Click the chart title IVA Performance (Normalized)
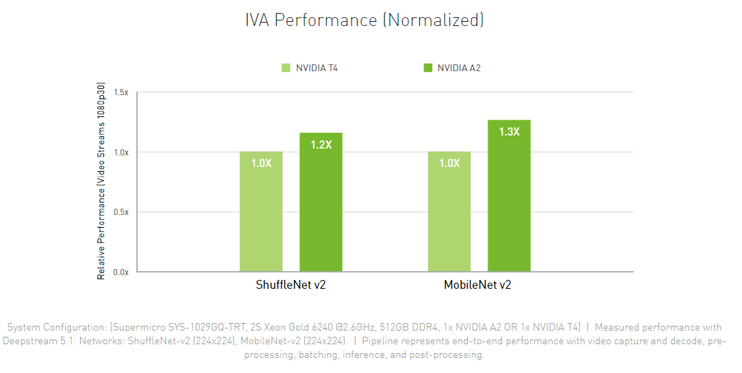point(365,20)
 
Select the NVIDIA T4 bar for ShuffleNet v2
point(261,219)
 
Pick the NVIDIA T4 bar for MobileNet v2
point(449,219)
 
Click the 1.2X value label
point(321,144)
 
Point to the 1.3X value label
point(509,131)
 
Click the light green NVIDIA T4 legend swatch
point(286,68)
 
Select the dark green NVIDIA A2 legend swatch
point(428,68)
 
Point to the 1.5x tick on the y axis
point(122,92)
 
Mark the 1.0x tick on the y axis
point(122,152)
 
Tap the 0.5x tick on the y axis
point(122,212)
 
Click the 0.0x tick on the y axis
point(122,272)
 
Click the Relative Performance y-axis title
point(101,181)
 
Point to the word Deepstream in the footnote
point(29,341)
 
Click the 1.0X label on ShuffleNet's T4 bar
point(261,163)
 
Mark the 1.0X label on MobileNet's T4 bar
point(449,163)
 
